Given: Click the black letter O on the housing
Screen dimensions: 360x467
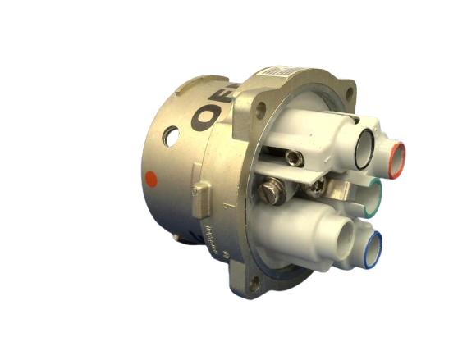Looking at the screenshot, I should point(206,116).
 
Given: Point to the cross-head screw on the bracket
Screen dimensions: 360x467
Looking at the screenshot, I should point(316,186).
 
